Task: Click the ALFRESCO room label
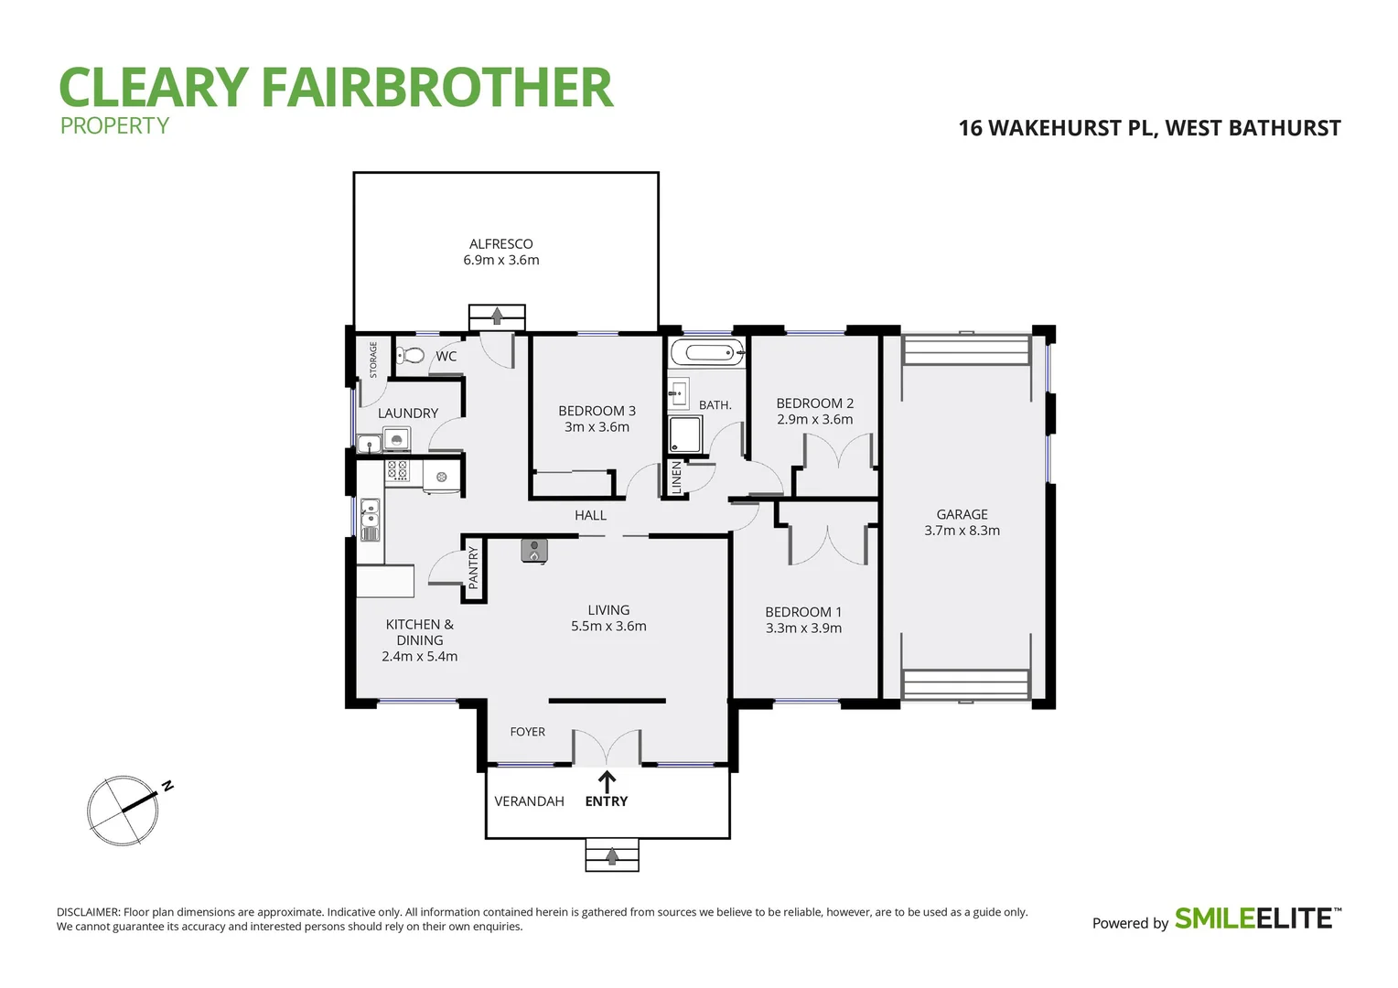click(500, 244)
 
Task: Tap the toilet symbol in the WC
click(412, 355)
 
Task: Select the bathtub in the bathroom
click(706, 352)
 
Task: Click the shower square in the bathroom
click(685, 435)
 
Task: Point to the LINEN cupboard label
click(677, 478)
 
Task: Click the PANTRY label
click(473, 567)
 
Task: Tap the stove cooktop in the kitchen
click(397, 470)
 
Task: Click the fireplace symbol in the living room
click(534, 550)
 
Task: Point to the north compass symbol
click(124, 810)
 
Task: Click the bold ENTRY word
click(606, 801)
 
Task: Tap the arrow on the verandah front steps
click(611, 856)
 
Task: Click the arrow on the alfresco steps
click(497, 316)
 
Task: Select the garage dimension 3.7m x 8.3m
click(962, 531)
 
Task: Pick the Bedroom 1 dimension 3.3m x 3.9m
click(803, 628)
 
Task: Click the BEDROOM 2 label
click(814, 403)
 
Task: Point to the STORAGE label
click(373, 360)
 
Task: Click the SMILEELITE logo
click(1257, 918)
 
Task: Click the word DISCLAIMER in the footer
click(88, 912)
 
